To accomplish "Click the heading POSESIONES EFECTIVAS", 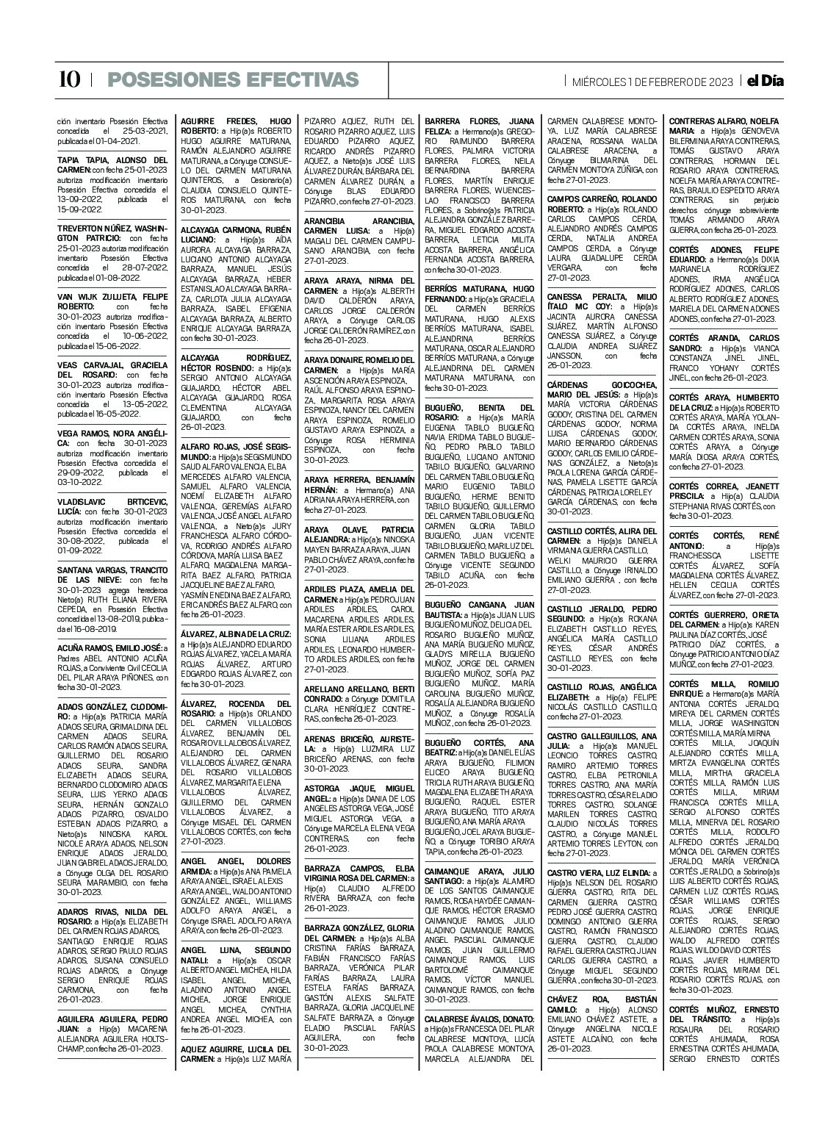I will point(233,80).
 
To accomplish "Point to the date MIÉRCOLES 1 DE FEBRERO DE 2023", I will point(652,82).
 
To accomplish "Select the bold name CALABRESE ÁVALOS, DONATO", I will point(478,1019).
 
